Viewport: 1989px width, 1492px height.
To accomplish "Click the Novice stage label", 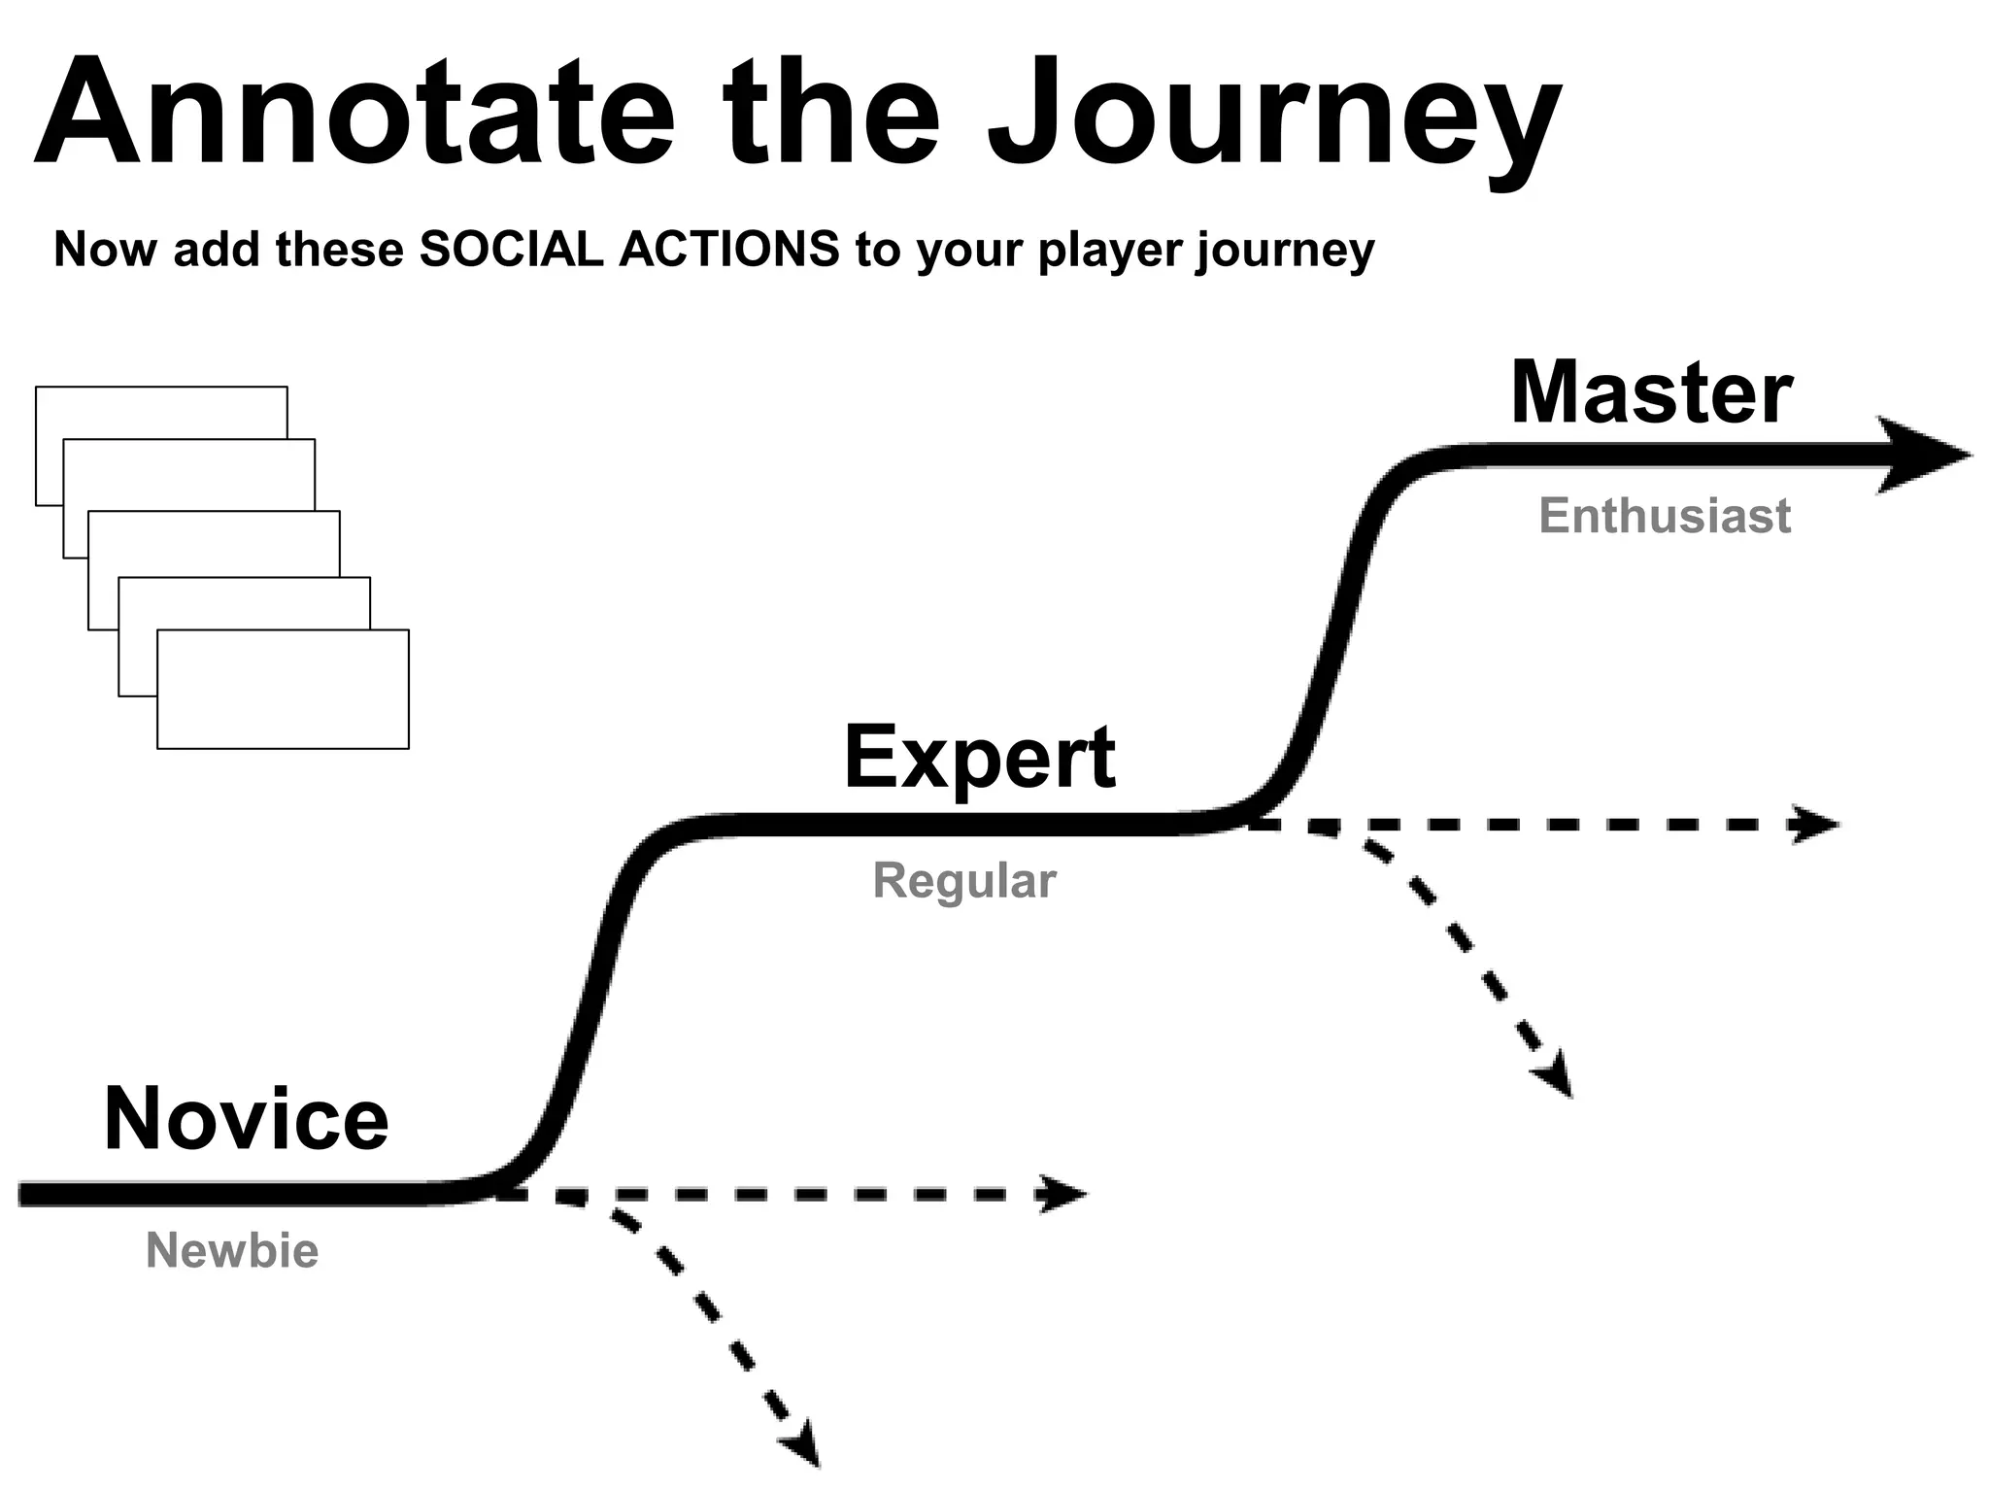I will [x=246, y=1119].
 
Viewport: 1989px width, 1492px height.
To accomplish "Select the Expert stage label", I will [x=979, y=758].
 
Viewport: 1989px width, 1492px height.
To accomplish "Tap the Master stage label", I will [x=1651, y=392].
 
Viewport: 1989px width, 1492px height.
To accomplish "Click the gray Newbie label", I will [x=232, y=1250].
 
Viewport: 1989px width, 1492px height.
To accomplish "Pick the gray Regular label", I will [x=963, y=881].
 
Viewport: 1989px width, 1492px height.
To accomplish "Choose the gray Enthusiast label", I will [x=1665, y=516].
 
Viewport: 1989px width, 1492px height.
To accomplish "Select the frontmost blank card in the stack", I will [x=283, y=689].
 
